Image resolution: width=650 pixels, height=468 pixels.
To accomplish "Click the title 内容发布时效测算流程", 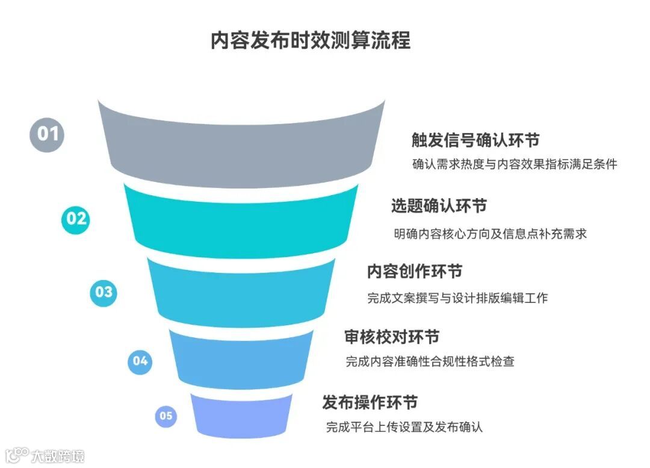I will (310, 41).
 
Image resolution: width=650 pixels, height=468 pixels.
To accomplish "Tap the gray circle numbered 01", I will (48, 133).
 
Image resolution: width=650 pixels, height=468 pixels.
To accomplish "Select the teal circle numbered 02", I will (76, 219).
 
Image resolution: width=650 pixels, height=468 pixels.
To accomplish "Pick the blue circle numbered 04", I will (140, 361).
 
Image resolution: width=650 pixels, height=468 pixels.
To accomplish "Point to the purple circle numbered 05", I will (166, 416).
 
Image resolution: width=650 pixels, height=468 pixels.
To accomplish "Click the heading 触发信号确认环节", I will (475, 140).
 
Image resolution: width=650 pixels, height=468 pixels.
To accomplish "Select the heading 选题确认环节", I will (439, 206).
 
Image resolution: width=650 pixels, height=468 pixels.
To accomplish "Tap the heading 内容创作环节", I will (415, 272).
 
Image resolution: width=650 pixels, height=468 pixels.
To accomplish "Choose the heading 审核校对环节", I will (392, 336).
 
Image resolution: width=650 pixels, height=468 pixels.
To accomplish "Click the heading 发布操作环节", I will (370, 402).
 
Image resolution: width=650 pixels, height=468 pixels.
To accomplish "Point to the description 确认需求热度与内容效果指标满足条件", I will (515, 164).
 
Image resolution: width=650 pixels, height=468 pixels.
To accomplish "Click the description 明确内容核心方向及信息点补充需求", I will (490, 234).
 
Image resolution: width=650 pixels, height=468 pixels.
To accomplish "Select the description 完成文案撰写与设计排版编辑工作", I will (457, 298).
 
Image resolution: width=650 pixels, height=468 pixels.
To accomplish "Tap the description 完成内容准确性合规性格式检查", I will (430, 362).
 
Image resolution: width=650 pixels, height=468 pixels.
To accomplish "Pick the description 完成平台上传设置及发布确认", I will (404, 428).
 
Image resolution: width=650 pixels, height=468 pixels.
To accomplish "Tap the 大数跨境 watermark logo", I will (45, 455).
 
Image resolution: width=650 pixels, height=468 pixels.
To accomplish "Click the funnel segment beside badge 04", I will (241, 360).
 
